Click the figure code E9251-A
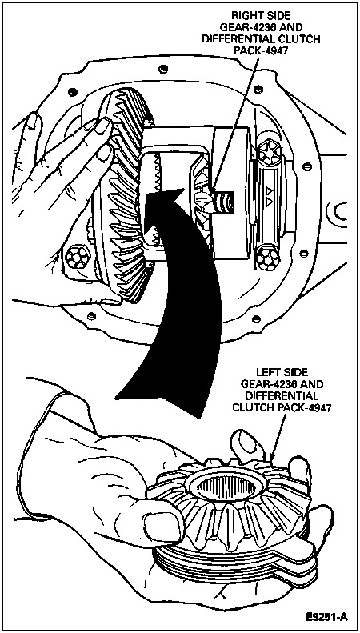[326, 617]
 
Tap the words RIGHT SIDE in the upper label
[260, 15]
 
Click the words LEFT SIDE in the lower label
[281, 372]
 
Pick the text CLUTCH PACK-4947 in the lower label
[281, 408]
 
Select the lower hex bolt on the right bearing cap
[267, 258]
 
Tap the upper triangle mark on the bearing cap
[268, 189]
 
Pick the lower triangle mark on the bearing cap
[268, 201]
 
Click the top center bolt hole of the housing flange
[162, 68]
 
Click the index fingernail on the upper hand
[102, 126]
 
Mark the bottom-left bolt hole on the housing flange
[92, 315]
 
